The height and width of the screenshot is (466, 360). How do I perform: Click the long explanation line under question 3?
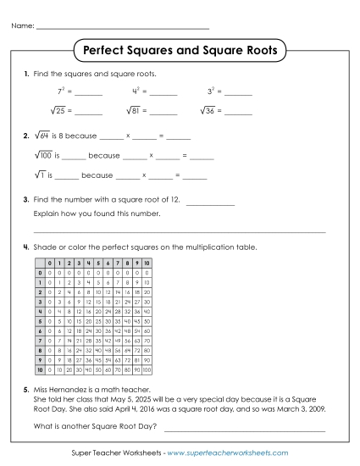click(178, 230)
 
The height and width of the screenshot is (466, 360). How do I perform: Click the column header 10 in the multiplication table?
click(147, 264)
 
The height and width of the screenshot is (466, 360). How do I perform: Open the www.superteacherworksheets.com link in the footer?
click(229, 453)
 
